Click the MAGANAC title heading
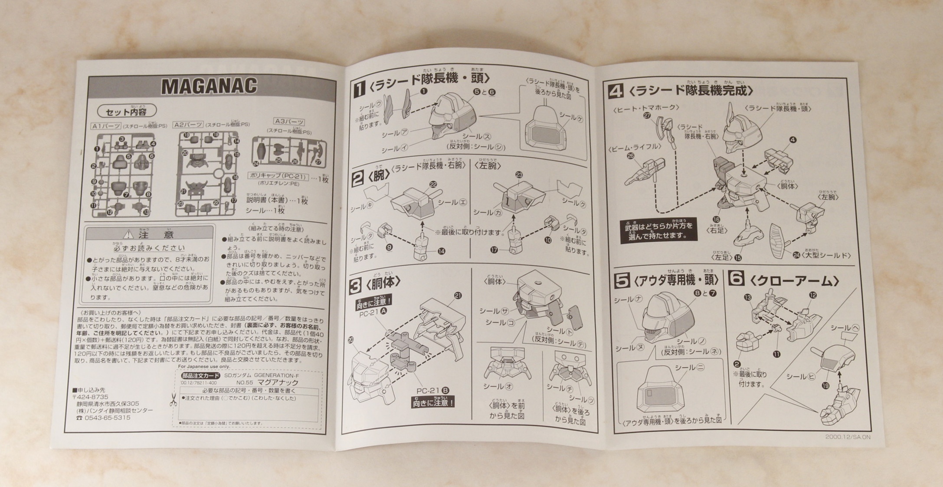pos(209,86)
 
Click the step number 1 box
pos(360,89)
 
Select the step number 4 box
pos(616,91)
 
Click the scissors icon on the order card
pos(174,399)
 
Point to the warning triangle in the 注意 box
pos(128,235)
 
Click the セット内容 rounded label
pos(126,112)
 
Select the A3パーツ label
pos(289,122)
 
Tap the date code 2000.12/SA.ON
pos(848,437)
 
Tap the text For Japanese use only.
pos(204,367)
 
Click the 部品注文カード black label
pos(200,375)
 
